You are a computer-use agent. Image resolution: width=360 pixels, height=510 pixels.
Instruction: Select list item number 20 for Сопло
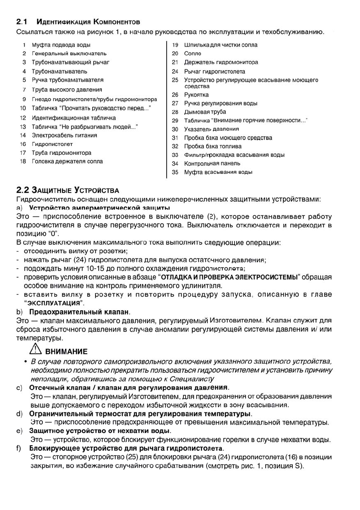(x=175, y=54)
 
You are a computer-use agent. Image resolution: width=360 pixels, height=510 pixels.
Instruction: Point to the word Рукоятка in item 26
(x=196, y=95)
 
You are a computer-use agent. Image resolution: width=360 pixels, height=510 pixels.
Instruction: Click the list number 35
(x=175, y=172)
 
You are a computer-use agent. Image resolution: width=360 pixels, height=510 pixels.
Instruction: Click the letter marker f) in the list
(x=19, y=448)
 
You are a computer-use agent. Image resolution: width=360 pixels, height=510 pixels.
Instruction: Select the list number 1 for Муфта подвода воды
(x=25, y=45)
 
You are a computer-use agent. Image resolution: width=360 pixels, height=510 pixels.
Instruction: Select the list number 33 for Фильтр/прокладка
(x=175, y=155)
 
